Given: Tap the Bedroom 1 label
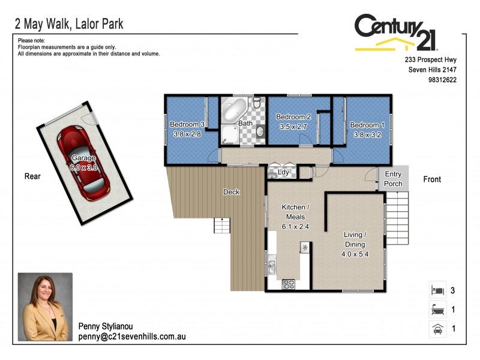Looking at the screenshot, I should pyautogui.click(x=365, y=125).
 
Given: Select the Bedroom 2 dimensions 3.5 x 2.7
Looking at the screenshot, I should pyautogui.click(x=293, y=127).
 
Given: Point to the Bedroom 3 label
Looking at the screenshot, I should pyautogui.click(x=187, y=124).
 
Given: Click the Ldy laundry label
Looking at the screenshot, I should pyautogui.click(x=284, y=172).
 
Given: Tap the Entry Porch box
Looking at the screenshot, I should pyautogui.click(x=393, y=178).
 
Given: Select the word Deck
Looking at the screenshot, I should pyautogui.click(x=231, y=192).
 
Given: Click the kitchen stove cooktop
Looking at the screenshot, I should pyautogui.click(x=287, y=284).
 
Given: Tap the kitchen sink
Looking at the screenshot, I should pyautogui.click(x=272, y=265).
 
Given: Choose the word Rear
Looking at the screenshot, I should pyautogui.click(x=32, y=176).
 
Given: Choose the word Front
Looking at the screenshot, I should pyautogui.click(x=432, y=179).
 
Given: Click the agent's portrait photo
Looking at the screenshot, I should pyautogui.click(x=45, y=307).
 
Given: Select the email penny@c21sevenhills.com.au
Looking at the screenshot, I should pyautogui.click(x=132, y=337).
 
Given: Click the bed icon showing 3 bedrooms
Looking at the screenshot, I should pyautogui.click(x=437, y=290).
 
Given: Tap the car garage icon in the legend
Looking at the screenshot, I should pyautogui.click(x=437, y=329).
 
